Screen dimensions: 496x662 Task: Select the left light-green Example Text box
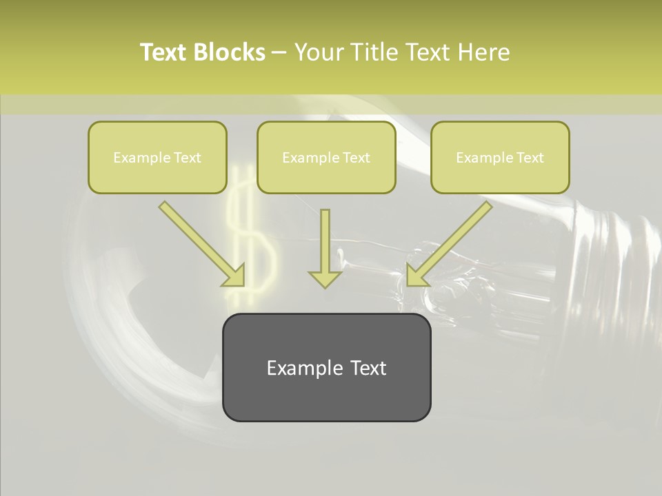click(x=157, y=157)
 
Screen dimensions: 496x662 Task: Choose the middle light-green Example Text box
click(x=326, y=157)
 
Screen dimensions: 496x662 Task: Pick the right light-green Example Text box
click(x=500, y=157)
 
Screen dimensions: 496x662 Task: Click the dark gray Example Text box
click(x=326, y=367)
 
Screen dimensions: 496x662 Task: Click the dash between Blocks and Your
click(x=279, y=53)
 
